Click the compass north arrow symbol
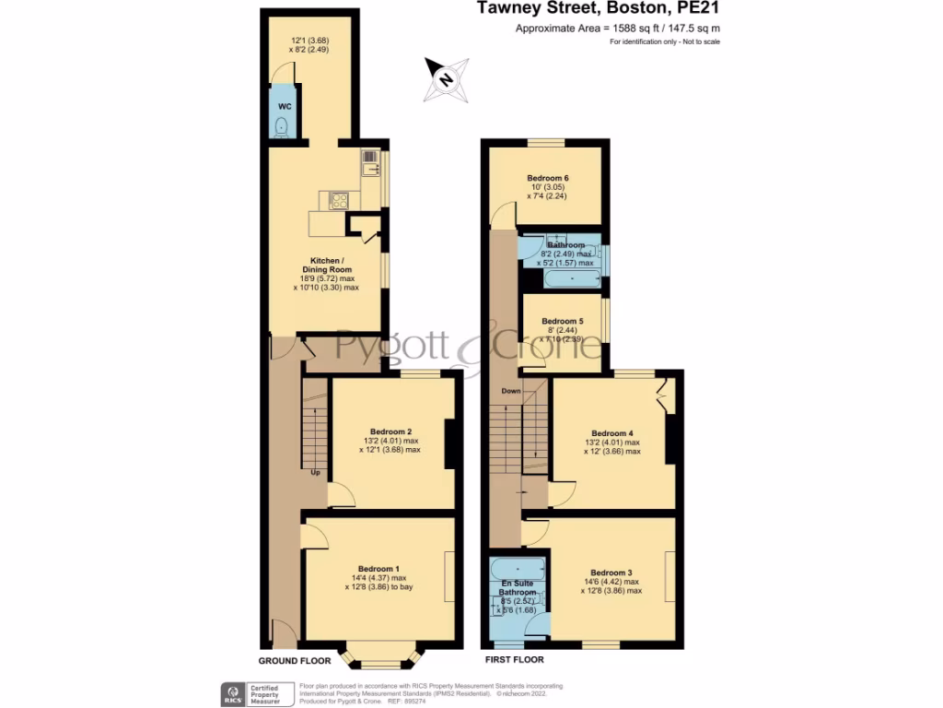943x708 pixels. pyautogui.click(x=447, y=79)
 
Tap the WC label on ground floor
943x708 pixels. pyautogui.click(x=285, y=107)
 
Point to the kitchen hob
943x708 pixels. pyautogui.click(x=337, y=199)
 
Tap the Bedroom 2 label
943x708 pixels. pyautogui.click(x=390, y=431)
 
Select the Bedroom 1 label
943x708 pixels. pyautogui.click(x=378, y=569)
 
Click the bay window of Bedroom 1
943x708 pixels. pyautogui.click(x=381, y=656)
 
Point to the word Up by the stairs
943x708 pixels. pyautogui.click(x=315, y=474)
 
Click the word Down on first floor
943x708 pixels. pyautogui.click(x=511, y=391)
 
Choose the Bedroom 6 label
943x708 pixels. pyautogui.click(x=547, y=178)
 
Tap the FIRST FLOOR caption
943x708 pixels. pyautogui.click(x=514, y=660)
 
